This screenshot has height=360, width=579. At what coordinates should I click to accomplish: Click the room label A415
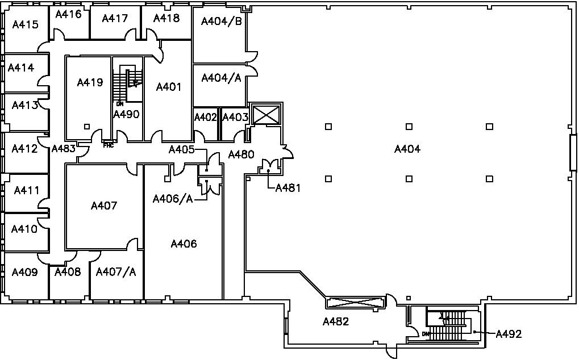(25, 24)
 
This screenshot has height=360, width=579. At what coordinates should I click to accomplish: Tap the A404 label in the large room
(407, 149)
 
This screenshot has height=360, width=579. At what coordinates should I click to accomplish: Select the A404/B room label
(222, 22)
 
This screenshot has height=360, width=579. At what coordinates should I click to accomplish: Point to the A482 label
(335, 322)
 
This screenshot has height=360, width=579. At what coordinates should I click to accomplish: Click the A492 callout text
(509, 334)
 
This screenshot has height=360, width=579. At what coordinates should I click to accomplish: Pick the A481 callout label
(288, 188)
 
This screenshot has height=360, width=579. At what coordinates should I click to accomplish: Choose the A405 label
(182, 149)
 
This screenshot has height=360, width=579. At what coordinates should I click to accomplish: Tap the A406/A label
(173, 199)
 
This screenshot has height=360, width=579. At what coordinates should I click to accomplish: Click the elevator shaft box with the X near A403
(266, 115)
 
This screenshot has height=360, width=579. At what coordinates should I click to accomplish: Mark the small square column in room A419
(86, 126)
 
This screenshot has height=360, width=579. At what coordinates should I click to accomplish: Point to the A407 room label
(104, 206)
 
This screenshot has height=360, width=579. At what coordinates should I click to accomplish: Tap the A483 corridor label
(63, 149)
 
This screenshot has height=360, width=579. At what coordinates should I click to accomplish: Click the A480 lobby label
(241, 154)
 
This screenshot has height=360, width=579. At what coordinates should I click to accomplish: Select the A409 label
(25, 273)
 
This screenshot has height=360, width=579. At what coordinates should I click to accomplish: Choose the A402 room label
(206, 118)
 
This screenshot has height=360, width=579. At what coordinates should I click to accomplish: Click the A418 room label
(166, 18)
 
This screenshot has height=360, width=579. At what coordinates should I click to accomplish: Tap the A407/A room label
(116, 272)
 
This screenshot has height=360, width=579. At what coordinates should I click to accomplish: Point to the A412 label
(25, 149)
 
